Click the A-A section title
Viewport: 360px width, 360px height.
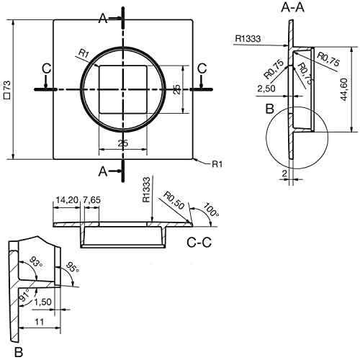(292, 7)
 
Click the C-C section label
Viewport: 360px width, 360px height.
(199, 243)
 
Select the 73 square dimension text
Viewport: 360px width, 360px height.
(7, 89)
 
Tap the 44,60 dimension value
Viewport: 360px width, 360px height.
(343, 89)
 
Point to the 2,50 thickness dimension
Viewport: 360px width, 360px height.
(266, 89)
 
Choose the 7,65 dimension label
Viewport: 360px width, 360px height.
(91, 199)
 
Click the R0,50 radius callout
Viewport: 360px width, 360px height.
(174, 200)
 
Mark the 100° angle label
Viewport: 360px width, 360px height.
(211, 210)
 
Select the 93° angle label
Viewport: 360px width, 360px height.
(36, 262)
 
